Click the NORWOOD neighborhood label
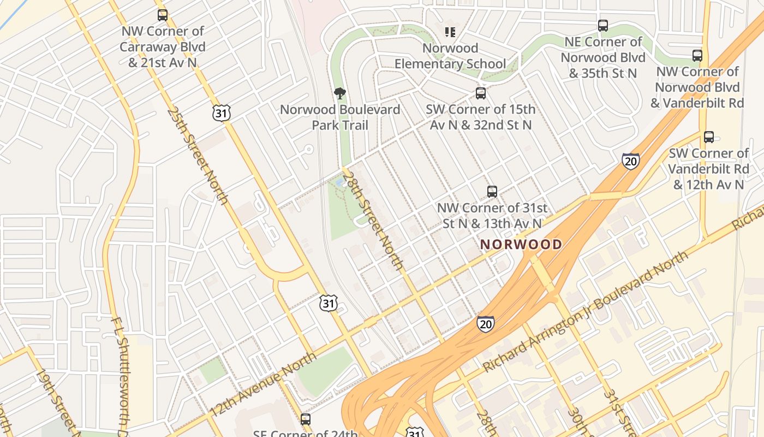point(521,244)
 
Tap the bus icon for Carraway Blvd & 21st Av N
point(163,15)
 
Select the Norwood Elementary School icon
point(450,32)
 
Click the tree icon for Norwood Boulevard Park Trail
point(340,93)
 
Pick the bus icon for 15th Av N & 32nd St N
point(480,93)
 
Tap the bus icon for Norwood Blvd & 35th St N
point(603,26)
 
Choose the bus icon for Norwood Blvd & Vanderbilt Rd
point(697,56)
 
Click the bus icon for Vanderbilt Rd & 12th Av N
point(708,137)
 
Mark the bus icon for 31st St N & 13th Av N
point(492,192)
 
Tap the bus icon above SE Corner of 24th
point(306,420)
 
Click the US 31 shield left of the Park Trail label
point(222,113)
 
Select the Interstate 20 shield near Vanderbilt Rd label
point(630,161)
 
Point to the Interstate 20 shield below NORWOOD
point(485,323)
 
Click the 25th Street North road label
point(198,156)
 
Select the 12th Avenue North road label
point(263,384)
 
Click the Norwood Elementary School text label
point(450,56)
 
